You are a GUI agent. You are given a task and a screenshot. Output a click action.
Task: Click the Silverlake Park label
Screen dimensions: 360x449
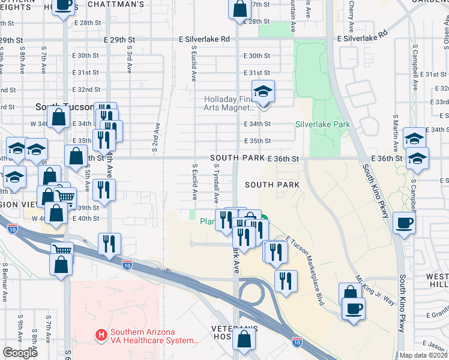[x=322, y=125]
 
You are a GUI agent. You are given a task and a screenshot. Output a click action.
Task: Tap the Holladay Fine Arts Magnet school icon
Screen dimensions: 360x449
[x=263, y=92]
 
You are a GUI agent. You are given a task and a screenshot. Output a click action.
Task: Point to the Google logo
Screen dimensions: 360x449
[x=20, y=353]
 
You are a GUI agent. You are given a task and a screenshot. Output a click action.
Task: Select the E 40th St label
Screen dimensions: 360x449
[x=88, y=218]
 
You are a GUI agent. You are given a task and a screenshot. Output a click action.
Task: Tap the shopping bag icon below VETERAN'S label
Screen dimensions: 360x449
[x=245, y=339]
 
